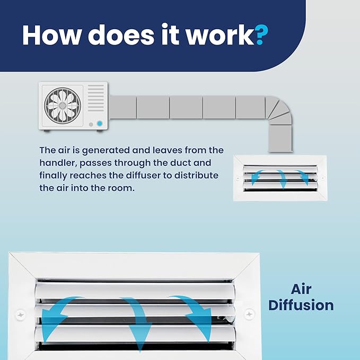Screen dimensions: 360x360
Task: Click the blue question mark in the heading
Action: click(x=261, y=34)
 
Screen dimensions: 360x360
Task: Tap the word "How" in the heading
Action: click(x=52, y=35)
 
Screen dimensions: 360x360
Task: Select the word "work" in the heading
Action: click(x=220, y=35)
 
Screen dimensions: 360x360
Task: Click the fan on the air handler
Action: click(x=63, y=106)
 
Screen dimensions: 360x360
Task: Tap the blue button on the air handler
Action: click(x=100, y=124)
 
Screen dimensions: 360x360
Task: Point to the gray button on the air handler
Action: click(x=91, y=125)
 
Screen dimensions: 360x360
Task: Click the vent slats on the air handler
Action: click(x=96, y=98)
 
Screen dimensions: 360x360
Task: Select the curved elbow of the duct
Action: click(x=278, y=111)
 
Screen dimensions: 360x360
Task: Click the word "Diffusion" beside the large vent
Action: click(x=301, y=305)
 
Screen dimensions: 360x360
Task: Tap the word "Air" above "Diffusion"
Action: click(x=301, y=289)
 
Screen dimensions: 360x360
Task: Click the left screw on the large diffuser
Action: click(x=21, y=315)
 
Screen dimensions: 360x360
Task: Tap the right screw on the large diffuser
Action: click(x=249, y=314)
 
